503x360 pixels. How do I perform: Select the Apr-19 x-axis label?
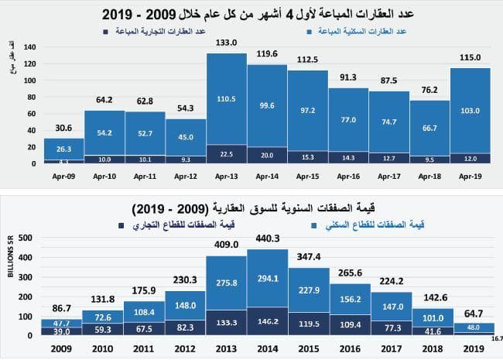click(x=470, y=176)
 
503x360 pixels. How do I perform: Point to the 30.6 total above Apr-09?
click(x=63, y=128)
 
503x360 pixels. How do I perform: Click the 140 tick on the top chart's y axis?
click(x=30, y=46)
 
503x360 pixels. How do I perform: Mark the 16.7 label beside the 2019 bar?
click(x=493, y=338)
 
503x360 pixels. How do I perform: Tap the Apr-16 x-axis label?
click(x=347, y=176)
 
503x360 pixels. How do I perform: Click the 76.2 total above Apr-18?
click(x=429, y=89)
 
